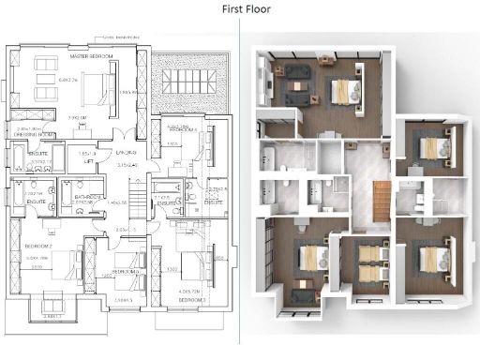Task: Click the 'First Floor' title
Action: [x=239, y=10]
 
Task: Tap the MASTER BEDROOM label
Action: [x=92, y=58]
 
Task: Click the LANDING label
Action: [x=127, y=152]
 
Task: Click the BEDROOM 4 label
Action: [x=126, y=272]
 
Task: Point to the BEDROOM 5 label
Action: [x=184, y=129]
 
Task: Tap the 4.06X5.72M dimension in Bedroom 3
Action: [x=191, y=292]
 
